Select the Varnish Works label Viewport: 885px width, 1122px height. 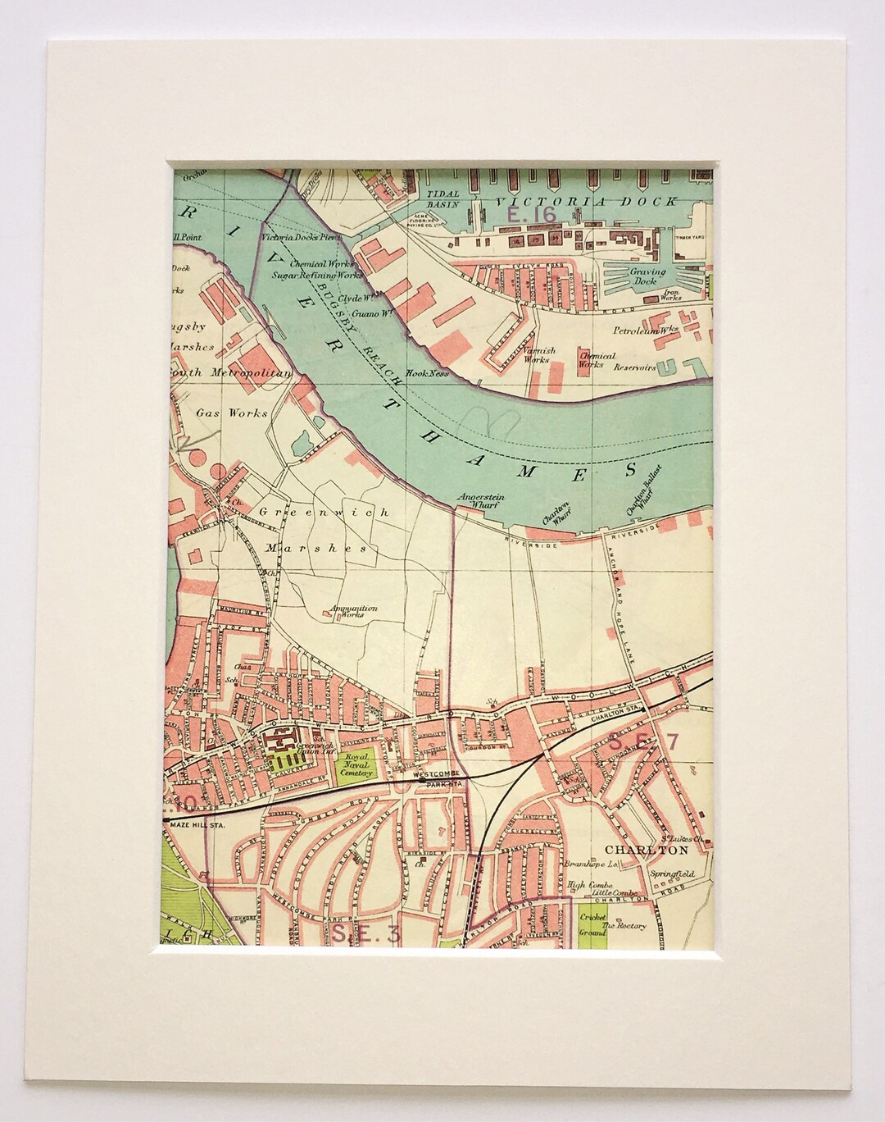point(538,354)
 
